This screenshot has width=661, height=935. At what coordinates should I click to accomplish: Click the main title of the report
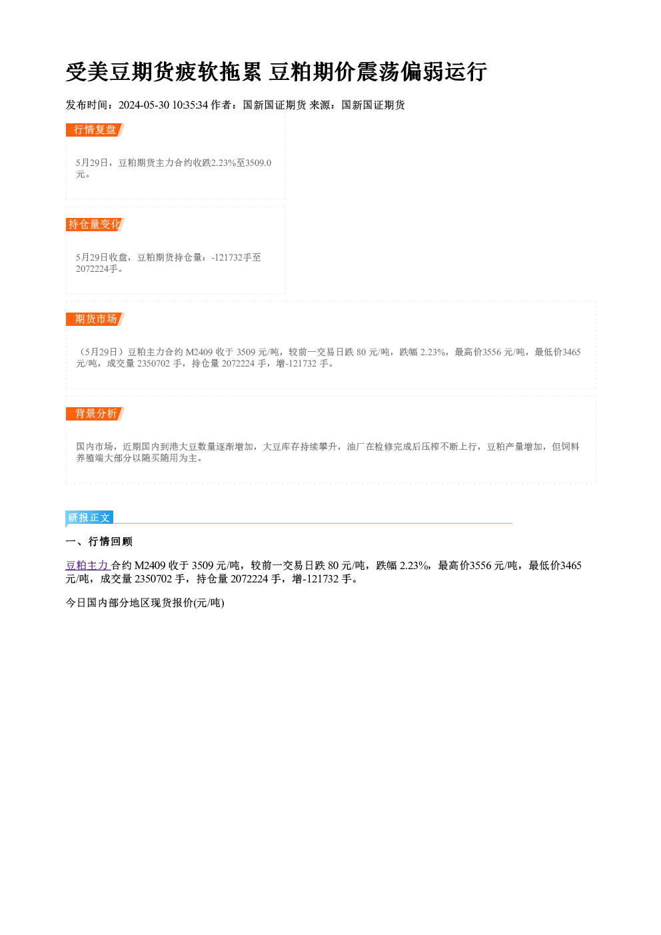[x=276, y=71]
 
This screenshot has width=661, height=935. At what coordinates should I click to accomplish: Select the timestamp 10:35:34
[x=191, y=105]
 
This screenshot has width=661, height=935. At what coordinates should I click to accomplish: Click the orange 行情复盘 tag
[x=95, y=130]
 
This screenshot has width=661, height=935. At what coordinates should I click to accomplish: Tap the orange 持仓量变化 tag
[x=95, y=225]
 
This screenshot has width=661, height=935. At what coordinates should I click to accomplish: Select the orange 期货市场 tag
[x=95, y=319]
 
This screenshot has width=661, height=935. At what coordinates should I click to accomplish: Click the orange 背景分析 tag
[x=95, y=414]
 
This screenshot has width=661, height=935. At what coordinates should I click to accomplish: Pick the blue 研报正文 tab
[x=89, y=518]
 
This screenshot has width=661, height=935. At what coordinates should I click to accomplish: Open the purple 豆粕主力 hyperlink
[x=87, y=566]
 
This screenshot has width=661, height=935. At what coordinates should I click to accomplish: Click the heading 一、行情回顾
[x=99, y=542]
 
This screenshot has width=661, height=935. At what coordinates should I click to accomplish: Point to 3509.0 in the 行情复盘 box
[x=259, y=163]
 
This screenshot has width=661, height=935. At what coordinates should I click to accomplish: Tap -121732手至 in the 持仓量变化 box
[x=236, y=257]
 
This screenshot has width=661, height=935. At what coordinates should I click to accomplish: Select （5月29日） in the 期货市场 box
[x=101, y=353]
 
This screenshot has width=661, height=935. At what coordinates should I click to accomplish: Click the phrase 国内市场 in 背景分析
[x=95, y=447]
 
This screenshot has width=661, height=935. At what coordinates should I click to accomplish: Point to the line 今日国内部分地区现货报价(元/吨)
[x=145, y=603]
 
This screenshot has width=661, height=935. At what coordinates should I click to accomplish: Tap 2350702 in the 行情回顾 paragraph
[x=153, y=579]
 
